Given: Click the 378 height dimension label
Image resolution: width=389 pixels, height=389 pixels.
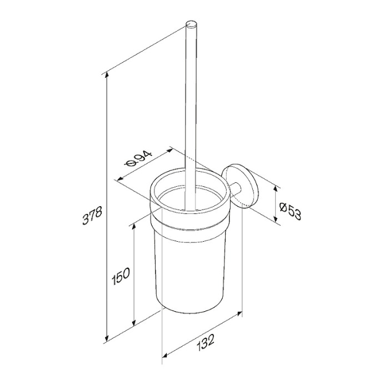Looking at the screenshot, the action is pyautogui.click(x=92, y=216).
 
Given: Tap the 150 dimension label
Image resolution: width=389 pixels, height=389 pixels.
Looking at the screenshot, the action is pyautogui.click(x=121, y=276).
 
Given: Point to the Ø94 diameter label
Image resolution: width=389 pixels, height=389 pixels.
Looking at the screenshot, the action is pyautogui.click(x=138, y=159).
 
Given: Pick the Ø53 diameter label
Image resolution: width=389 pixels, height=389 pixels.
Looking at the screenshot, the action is pyautogui.click(x=291, y=211).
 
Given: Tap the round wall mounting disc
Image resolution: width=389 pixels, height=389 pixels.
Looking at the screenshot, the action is pyautogui.click(x=241, y=186).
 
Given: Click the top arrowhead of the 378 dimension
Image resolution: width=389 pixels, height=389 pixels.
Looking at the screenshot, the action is pyautogui.click(x=107, y=74).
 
